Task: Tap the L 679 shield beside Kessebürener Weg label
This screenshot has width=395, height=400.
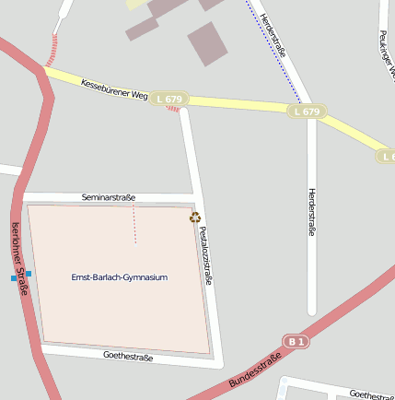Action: click(x=171, y=99)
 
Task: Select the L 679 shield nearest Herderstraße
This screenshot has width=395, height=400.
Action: click(x=307, y=112)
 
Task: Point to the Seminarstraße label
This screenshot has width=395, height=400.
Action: click(x=109, y=197)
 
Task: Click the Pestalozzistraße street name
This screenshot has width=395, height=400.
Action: click(x=205, y=255)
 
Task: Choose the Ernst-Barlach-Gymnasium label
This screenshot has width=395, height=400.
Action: click(x=120, y=277)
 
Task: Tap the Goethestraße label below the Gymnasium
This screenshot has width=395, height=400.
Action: click(x=128, y=356)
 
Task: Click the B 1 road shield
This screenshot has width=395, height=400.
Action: click(x=296, y=341)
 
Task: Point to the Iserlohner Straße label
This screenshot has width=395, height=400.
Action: click(x=18, y=259)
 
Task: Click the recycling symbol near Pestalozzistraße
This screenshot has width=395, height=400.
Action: click(x=194, y=218)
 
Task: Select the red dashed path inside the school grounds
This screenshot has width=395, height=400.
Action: click(x=135, y=224)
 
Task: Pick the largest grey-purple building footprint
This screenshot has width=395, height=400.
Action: click(x=207, y=42)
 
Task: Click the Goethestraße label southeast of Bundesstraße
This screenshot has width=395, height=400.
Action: click(x=371, y=394)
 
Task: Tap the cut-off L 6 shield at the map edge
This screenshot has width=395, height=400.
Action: click(x=387, y=157)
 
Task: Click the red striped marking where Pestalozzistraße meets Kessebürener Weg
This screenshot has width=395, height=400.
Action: click(x=173, y=108)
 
